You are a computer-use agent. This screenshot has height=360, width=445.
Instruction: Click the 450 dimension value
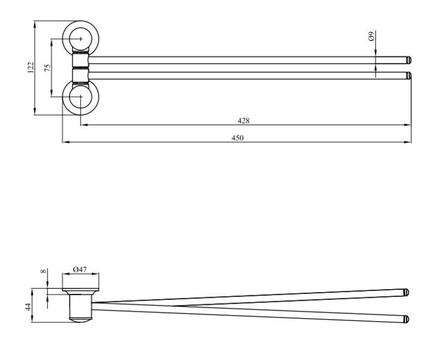pyautogui.click(x=237, y=138)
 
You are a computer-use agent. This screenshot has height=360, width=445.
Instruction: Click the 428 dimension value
pyautogui.click(x=243, y=121)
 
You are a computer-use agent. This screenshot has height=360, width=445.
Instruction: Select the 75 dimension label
pyautogui.click(x=47, y=67)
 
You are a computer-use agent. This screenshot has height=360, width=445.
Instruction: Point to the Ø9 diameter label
pyautogui.click(x=371, y=37)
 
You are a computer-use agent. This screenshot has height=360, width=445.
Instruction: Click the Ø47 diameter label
pyautogui.click(x=80, y=269)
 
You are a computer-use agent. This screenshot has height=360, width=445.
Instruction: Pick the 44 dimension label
pyautogui.click(x=29, y=307)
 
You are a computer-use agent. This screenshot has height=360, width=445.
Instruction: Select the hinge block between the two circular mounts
pyautogui.click(x=80, y=68)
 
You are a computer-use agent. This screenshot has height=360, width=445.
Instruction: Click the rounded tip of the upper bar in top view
pyautogui.click(x=408, y=60)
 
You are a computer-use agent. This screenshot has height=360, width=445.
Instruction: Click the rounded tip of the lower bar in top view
pyautogui.click(x=408, y=76)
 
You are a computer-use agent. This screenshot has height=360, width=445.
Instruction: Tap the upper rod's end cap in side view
pyautogui.click(x=406, y=292)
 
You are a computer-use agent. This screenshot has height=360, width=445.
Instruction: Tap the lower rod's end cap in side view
pyautogui.click(x=406, y=319)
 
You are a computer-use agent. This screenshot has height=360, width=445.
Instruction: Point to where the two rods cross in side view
pyautogui.click(x=174, y=305)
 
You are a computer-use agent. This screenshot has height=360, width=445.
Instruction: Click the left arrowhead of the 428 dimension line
pyautogui.click(x=83, y=125)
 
